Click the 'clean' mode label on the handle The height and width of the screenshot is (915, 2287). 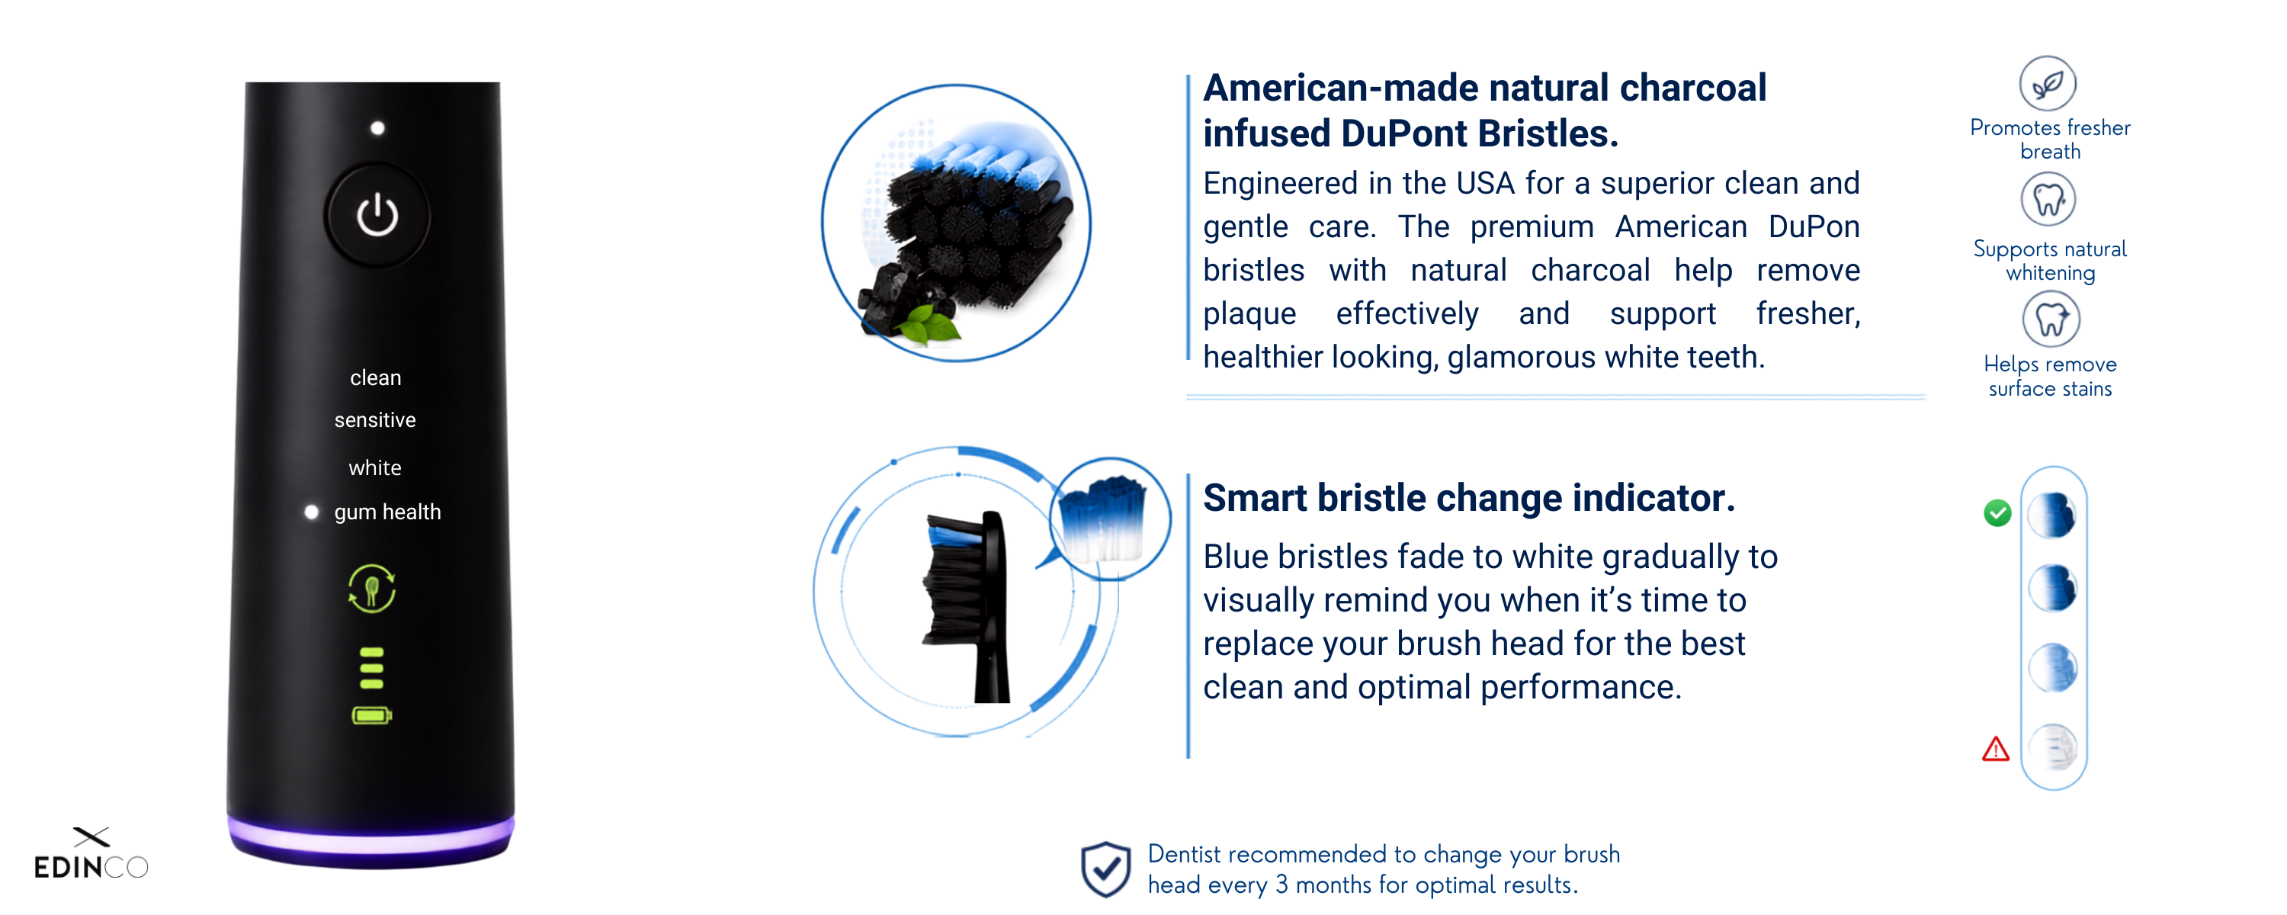click(x=376, y=378)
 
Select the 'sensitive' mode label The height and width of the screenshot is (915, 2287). click(x=374, y=420)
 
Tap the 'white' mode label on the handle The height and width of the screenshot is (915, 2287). click(x=374, y=468)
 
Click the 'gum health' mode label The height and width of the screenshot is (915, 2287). click(x=387, y=512)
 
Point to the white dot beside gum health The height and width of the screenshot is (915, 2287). click(x=312, y=512)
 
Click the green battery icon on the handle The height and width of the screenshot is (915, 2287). click(x=372, y=716)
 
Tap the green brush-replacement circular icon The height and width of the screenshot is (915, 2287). click(x=372, y=589)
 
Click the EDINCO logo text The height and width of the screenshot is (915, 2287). click(x=91, y=867)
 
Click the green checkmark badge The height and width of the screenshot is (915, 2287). click(x=1997, y=512)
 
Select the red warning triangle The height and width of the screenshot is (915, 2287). click(x=1996, y=749)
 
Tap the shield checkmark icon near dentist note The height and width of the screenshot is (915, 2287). click(x=1105, y=868)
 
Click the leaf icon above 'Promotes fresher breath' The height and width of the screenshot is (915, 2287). click(x=2048, y=84)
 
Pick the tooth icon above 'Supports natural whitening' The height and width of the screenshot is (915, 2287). click(x=2049, y=199)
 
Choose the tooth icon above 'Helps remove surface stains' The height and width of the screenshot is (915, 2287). click(x=2051, y=319)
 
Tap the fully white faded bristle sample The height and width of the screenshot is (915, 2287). click(x=2054, y=748)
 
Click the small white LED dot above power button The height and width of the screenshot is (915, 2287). click(x=377, y=128)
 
